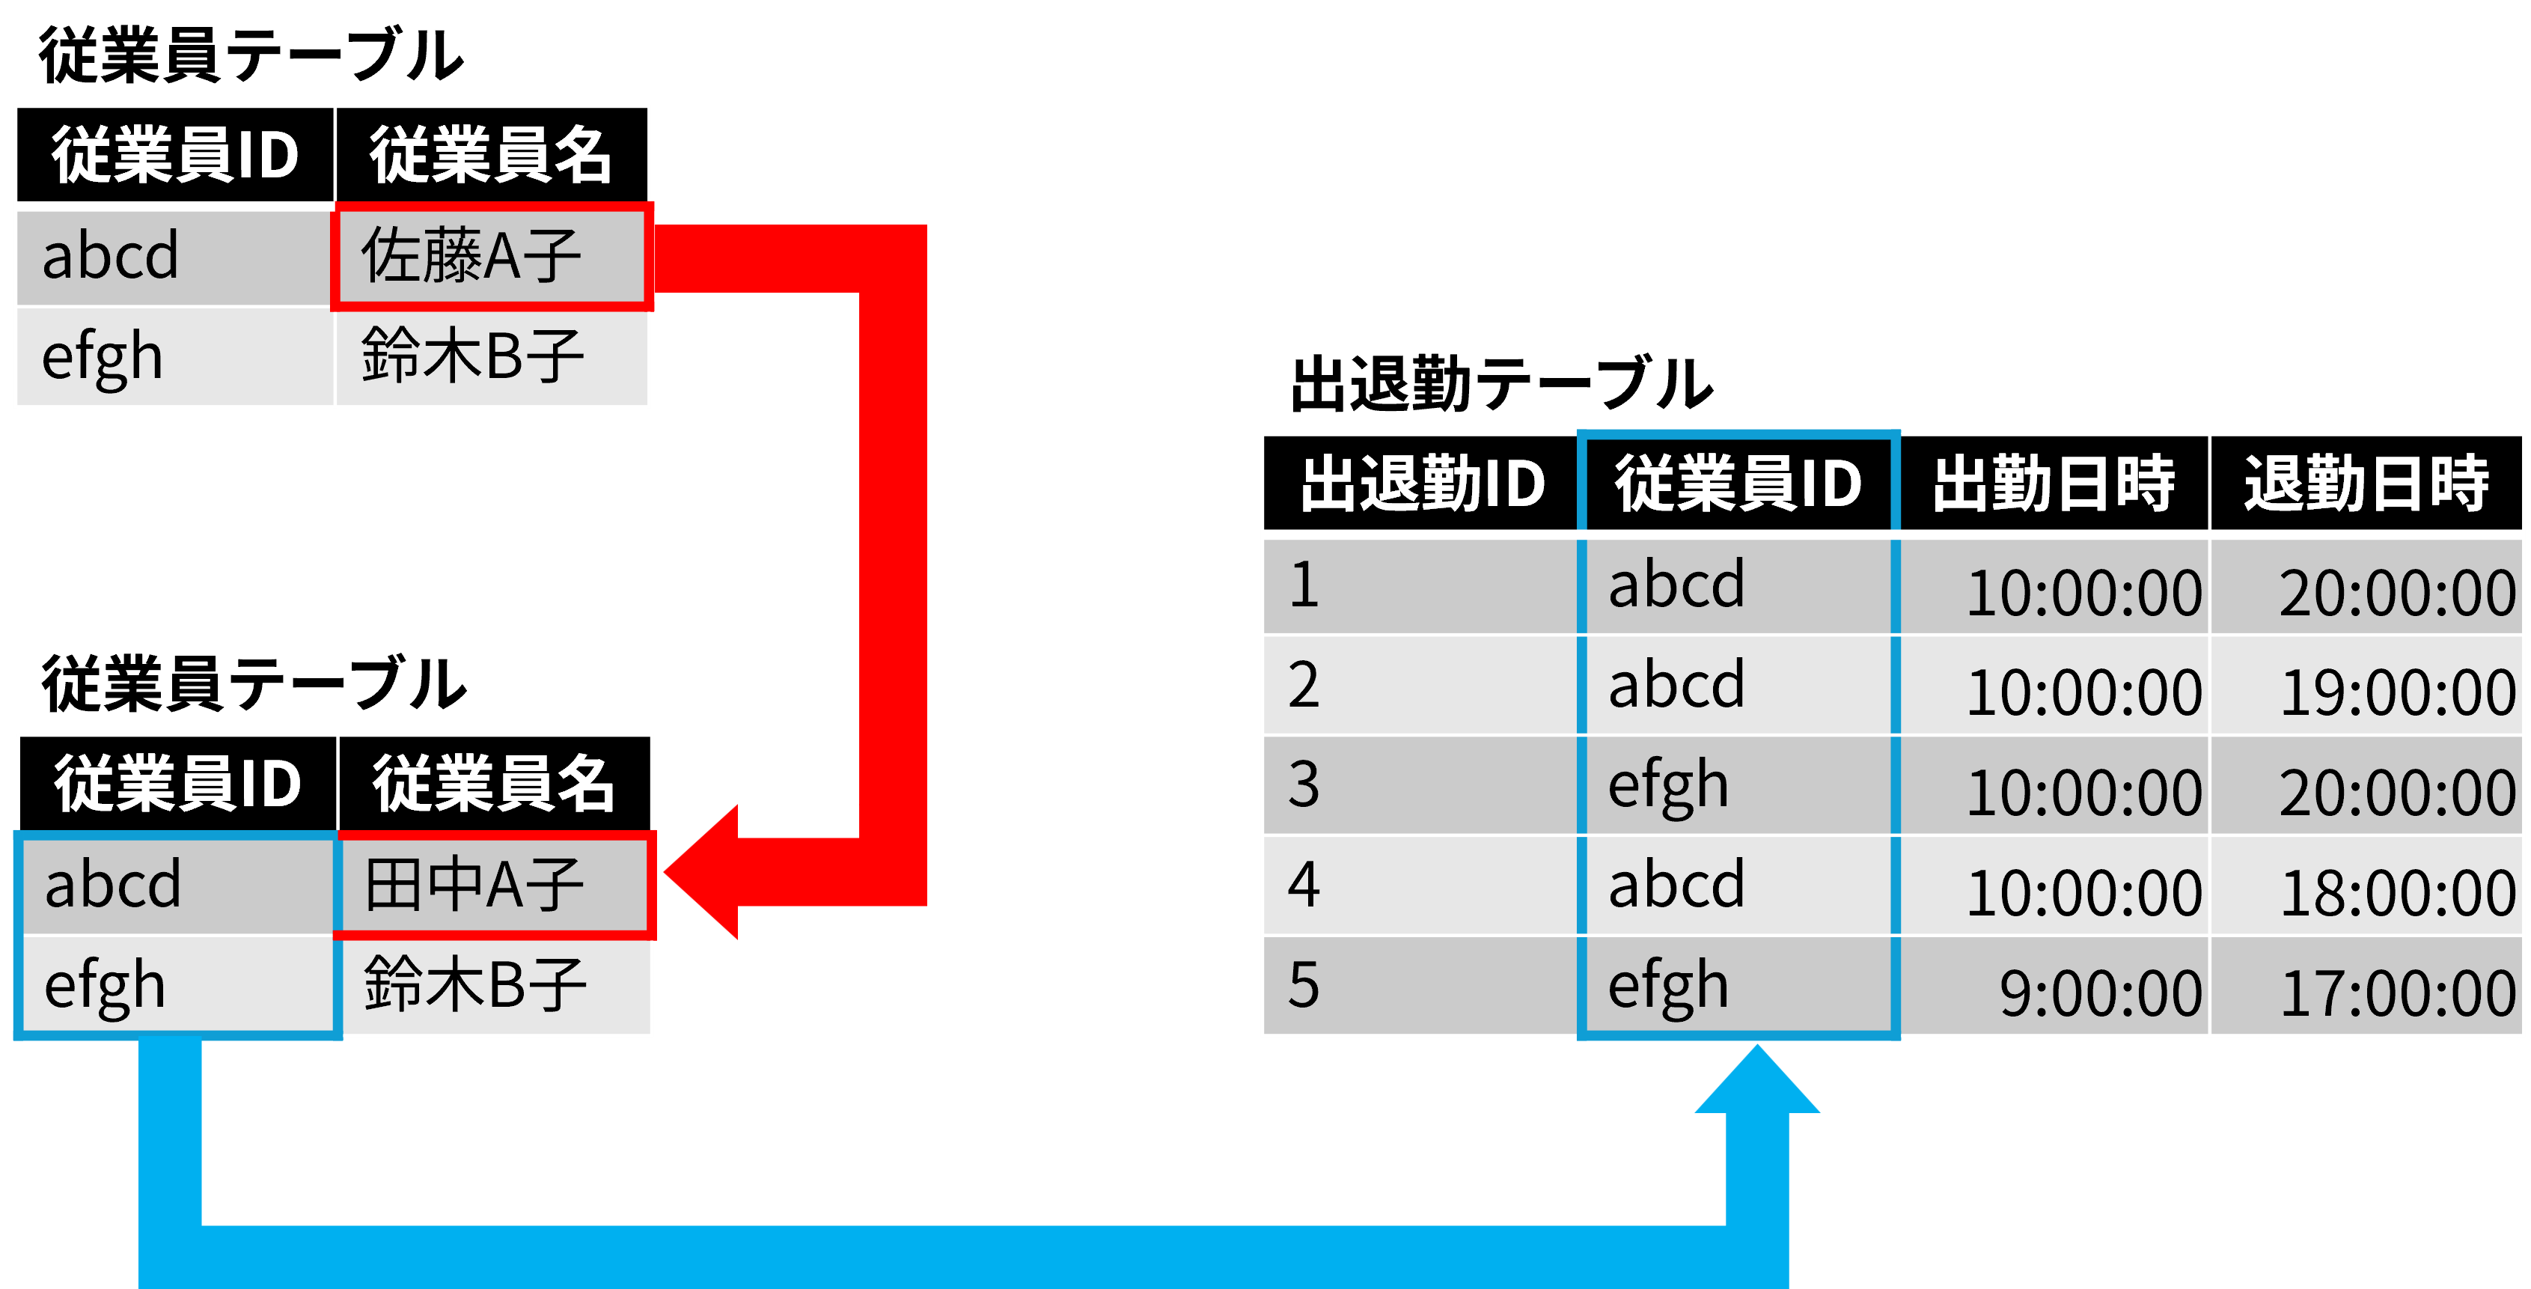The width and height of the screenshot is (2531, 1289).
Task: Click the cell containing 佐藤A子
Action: [x=491, y=257]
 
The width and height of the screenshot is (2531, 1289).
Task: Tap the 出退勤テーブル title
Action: [x=1500, y=383]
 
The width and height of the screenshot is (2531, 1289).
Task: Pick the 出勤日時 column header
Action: [x=2054, y=484]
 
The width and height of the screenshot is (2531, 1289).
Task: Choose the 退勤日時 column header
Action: [x=2366, y=484]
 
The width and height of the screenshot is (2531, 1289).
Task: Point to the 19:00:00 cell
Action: [x=2366, y=686]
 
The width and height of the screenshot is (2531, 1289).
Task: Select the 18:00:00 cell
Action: [x=2366, y=886]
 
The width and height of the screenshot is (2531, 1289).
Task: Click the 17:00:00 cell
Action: [x=2366, y=985]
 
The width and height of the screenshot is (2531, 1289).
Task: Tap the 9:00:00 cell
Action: [x=2054, y=985]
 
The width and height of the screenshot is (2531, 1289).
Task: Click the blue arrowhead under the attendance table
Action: [x=1758, y=1079]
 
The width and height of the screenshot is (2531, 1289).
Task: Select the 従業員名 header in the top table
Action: [x=491, y=155]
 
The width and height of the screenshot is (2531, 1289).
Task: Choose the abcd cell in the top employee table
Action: [x=175, y=257]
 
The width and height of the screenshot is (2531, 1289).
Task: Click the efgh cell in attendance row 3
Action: [x=1738, y=785]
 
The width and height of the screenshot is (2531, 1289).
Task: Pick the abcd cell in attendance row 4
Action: [x=1738, y=886]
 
